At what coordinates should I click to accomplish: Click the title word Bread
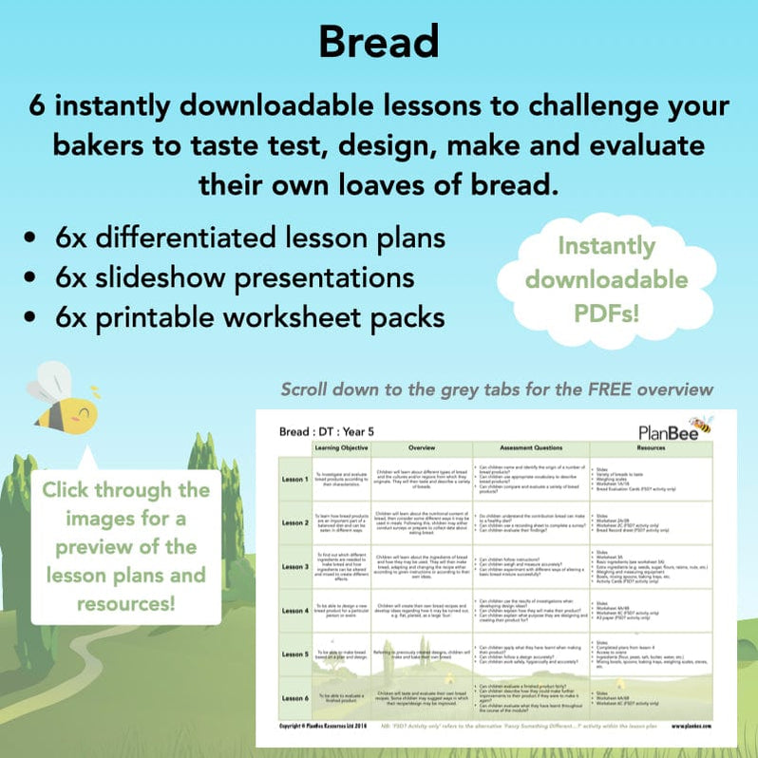[378, 41]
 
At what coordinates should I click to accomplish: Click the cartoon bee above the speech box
[63, 401]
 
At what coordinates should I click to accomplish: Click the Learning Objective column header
[341, 446]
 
